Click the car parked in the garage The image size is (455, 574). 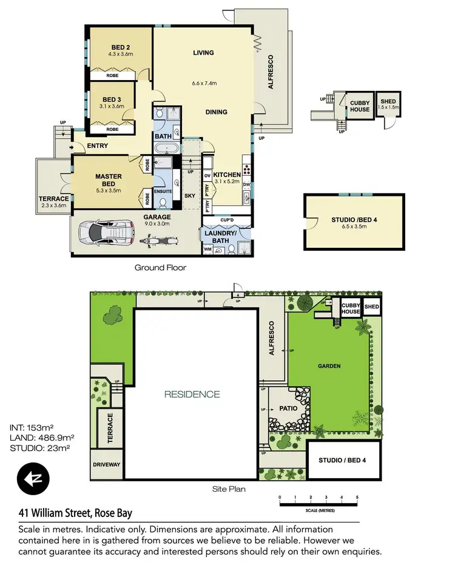click(x=109, y=232)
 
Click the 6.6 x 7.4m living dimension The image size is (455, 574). click(x=204, y=83)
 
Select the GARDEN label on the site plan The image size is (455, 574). click(x=329, y=366)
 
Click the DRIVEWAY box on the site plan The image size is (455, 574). click(x=107, y=465)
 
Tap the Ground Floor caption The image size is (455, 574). click(x=160, y=267)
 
